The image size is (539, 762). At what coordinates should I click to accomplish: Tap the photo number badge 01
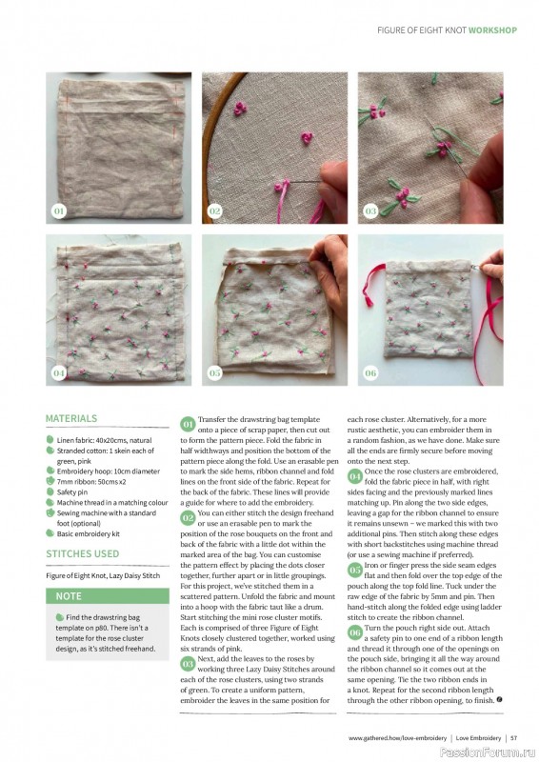pos(58,210)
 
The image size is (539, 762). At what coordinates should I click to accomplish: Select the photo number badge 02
pos(214,210)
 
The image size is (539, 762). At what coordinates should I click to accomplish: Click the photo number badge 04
pos(58,372)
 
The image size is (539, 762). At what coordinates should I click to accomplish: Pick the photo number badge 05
pos(214,372)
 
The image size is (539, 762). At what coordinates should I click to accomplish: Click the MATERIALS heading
pos(71,418)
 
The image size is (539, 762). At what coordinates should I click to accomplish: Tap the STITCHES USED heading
pos(83,553)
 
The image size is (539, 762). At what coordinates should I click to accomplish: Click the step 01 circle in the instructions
pos(188,422)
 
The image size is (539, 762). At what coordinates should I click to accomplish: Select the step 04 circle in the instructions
pos(354,474)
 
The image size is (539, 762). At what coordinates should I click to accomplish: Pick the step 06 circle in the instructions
pos(354,632)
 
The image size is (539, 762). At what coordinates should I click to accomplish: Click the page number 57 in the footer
pos(513,736)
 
